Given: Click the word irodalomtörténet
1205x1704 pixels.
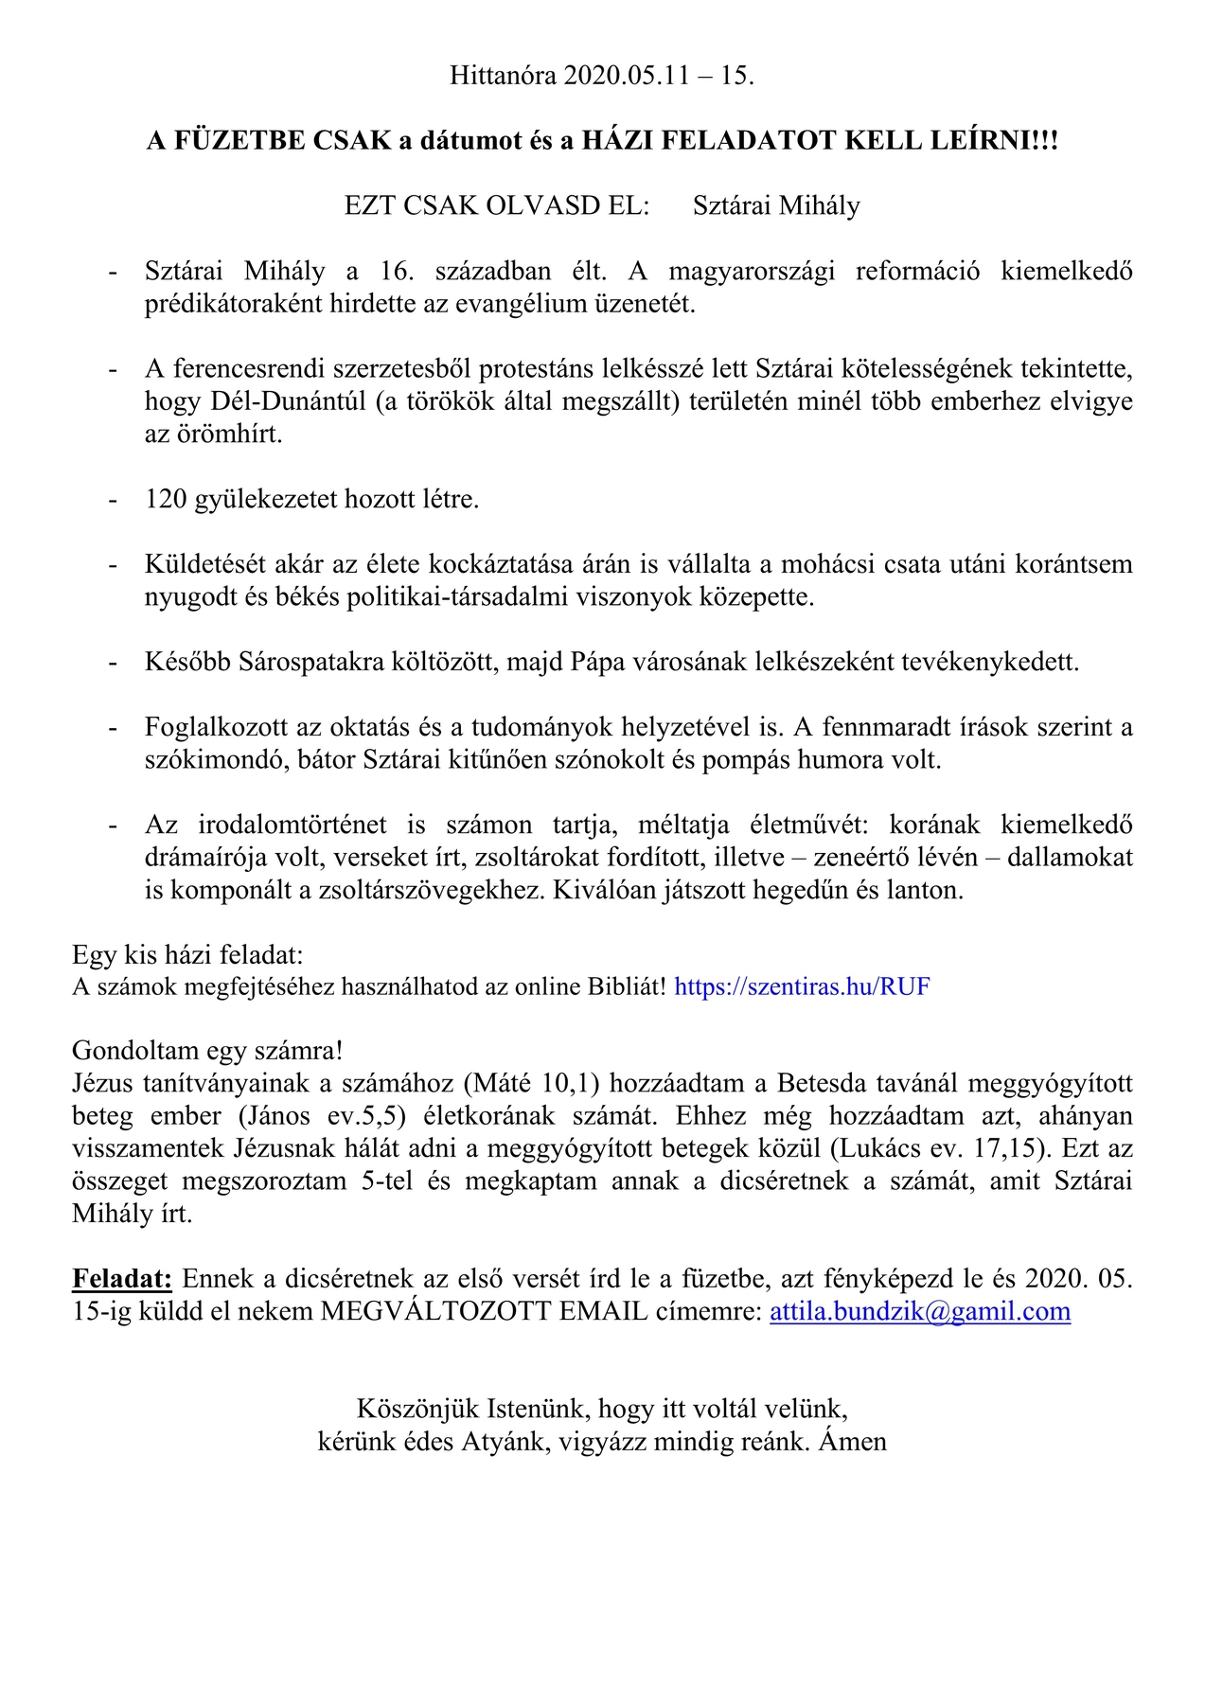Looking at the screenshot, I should (x=292, y=825).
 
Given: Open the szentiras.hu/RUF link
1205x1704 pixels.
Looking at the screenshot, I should (x=802, y=987).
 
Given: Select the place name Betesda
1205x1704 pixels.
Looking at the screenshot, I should (x=821, y=1084).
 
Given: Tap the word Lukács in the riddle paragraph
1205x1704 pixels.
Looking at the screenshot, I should (x=875, y=1149).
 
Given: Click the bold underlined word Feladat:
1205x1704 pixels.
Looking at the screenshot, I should (x=122, y=1280).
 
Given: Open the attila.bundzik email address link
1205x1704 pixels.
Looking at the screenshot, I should (x=920, y=1312).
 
